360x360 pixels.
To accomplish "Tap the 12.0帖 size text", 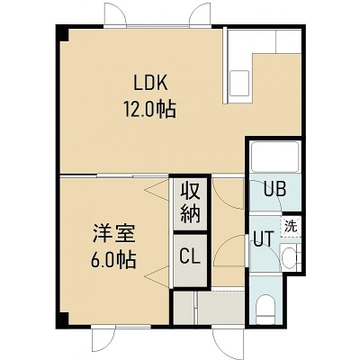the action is (149, 109).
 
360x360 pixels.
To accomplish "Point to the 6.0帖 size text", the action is (113, 260).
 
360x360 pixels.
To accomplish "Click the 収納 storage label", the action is (190, 204).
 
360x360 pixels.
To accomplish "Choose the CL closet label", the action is (190, 257).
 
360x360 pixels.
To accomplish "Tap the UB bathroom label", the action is (274, 189).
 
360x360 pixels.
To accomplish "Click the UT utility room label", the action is (264, 238).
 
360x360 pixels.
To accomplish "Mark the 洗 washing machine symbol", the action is (291, 226).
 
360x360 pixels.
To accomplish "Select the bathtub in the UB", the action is (274, 157).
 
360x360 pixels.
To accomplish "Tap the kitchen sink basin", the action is (239, 83).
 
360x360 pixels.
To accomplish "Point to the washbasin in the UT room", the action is (289, 256).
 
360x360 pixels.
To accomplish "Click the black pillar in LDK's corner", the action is (63, 33).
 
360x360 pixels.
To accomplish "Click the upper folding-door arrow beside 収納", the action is (157, 190).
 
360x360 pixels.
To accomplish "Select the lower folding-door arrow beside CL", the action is (157, 276).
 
